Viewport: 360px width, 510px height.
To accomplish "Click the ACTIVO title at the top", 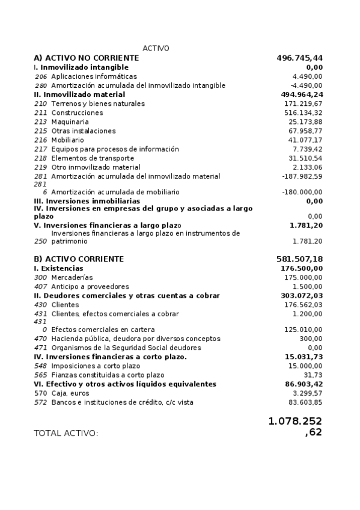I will tap(156, 48).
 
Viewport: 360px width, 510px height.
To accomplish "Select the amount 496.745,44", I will tap(299, 58).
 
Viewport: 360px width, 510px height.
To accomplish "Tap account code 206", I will tap(40, 76).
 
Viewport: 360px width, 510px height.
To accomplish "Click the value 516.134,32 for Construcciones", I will tap(303, 112).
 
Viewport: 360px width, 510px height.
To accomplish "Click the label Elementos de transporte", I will tap(92, 158).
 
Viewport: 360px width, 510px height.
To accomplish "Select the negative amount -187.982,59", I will tap(302, 176).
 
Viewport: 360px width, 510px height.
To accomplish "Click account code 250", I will tap(40, 241).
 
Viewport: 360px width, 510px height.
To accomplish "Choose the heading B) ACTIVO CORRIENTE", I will tap(79, 259).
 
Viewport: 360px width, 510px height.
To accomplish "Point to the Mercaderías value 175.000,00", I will tap(303, 277).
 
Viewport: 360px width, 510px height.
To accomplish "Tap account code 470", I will tap(40, 339).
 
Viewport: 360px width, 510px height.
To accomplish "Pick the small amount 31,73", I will tap(313, 375).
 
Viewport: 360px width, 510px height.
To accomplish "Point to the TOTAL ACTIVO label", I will tap(66, 433).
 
